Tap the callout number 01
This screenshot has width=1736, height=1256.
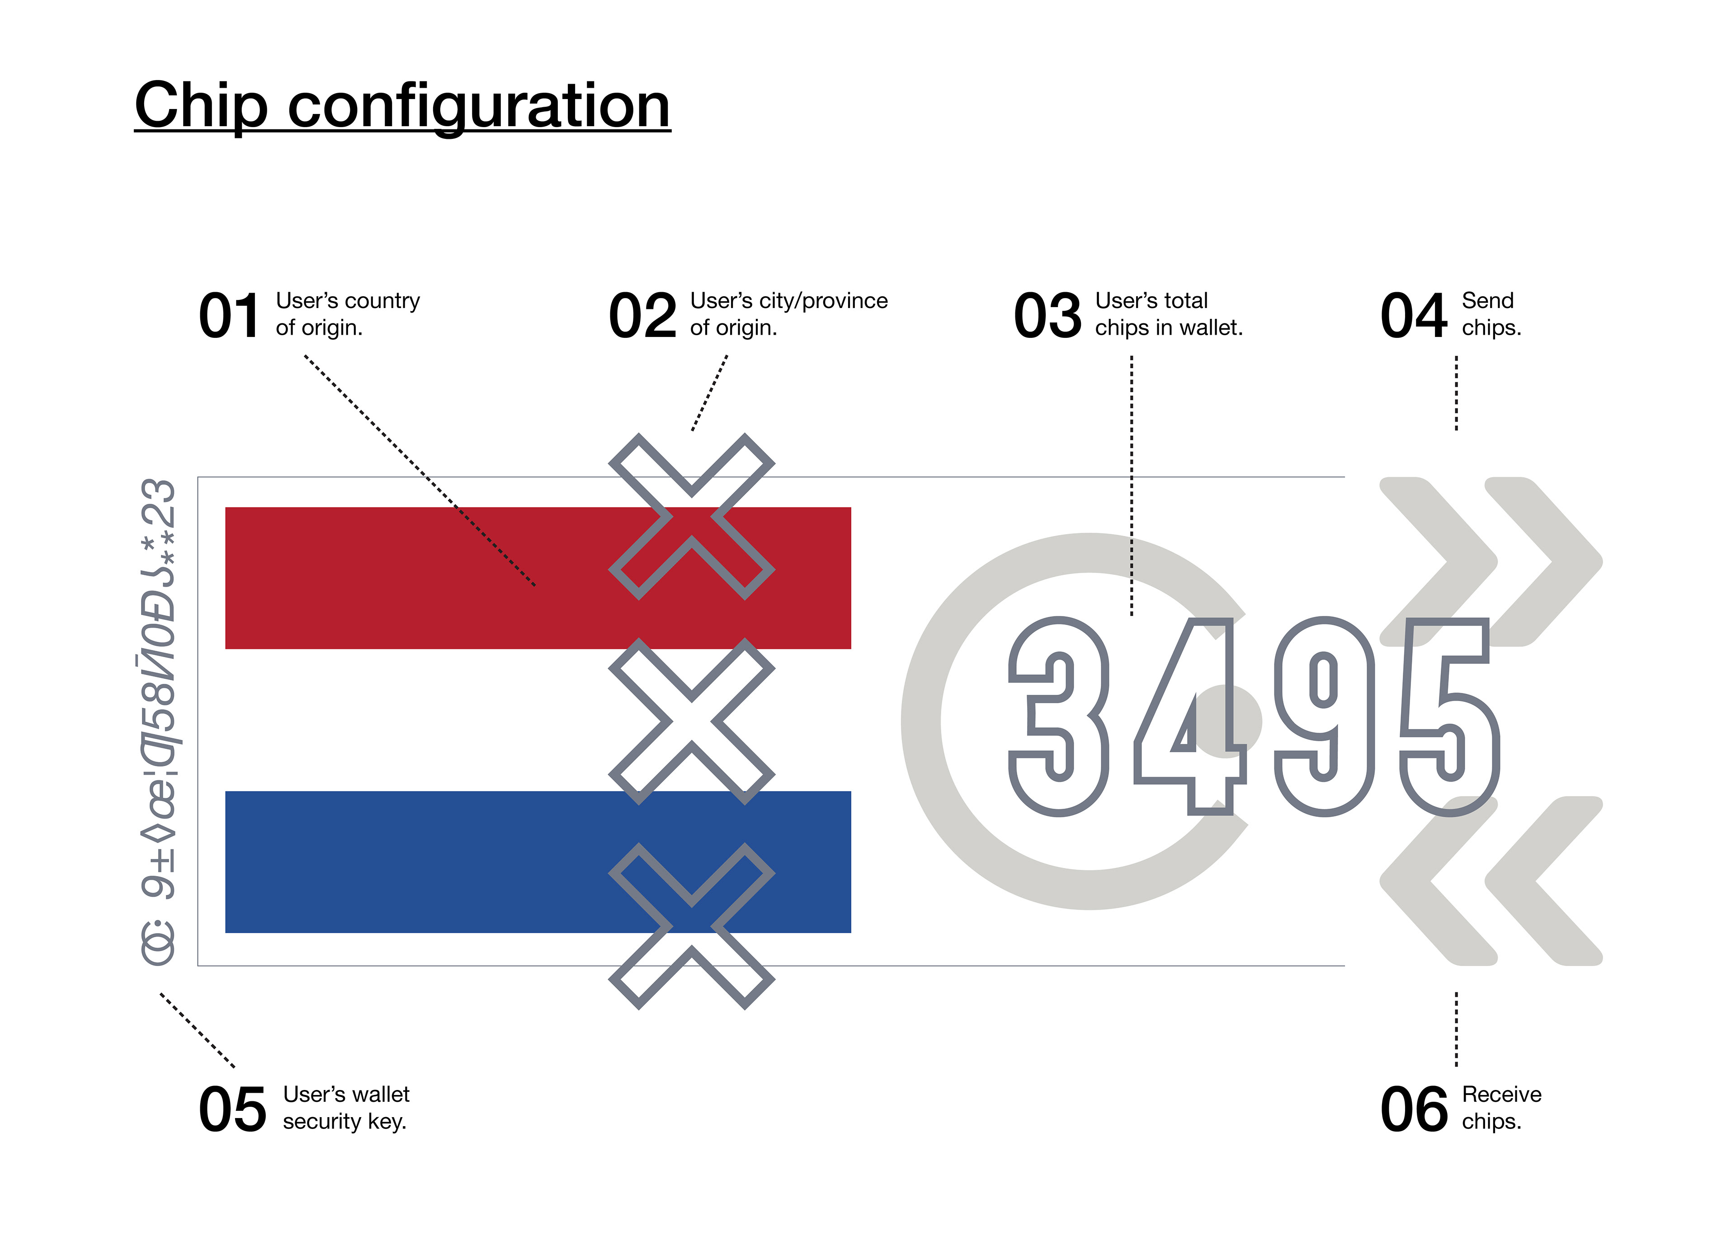tap(229, 316)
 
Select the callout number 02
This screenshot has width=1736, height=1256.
tap(643, 316)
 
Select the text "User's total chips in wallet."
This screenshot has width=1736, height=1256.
tap(1169, 314)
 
